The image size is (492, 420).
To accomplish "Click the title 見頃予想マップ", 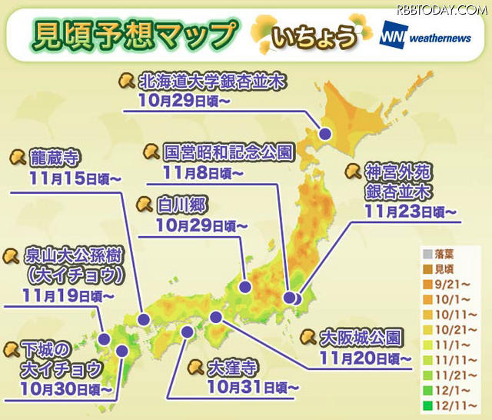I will point(131,34).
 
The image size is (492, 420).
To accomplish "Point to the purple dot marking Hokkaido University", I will point(325,133).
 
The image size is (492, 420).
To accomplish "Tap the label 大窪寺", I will point(234,366).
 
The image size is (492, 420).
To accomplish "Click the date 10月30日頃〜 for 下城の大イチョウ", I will point(68,389).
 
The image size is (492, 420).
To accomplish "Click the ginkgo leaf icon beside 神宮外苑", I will point(352,171).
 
